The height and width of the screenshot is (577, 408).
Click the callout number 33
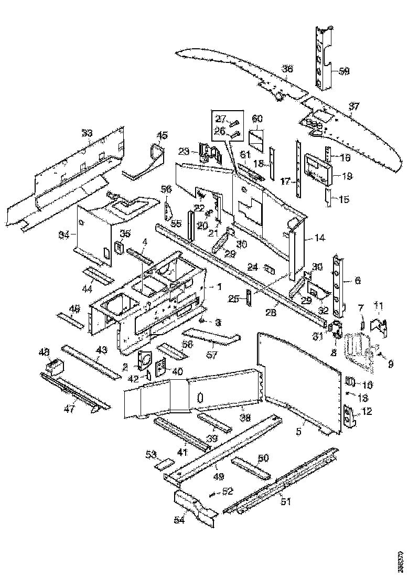(87, 133)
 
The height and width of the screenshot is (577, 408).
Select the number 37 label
(355, 107)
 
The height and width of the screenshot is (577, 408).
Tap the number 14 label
(320, 238)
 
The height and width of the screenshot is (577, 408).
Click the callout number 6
(358, 281)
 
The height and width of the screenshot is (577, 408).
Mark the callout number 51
(286, 502)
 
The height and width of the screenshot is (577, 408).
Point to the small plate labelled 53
(166, 464)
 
